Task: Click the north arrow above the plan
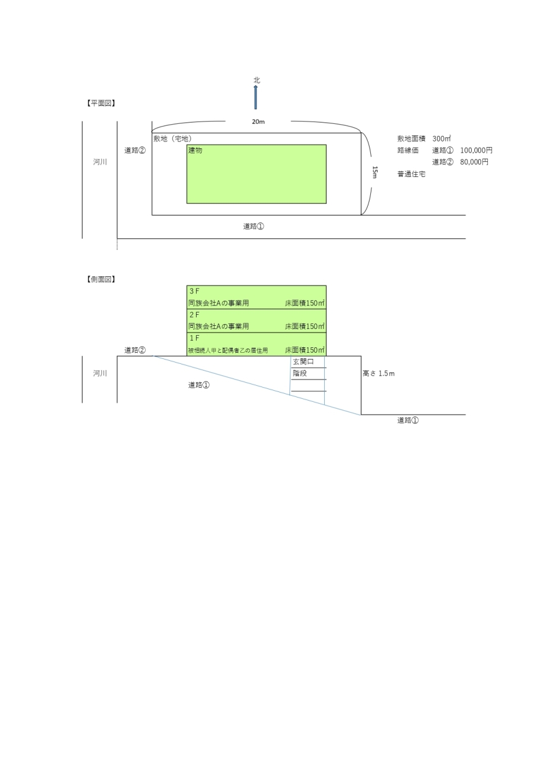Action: pyautogui.click(x=256, y=97)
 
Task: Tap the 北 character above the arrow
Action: pyautogui.click(x=257, y=80)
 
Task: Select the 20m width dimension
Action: pyautogui.click(x=259, y=121)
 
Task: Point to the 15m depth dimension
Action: pyautogui.click(x=374, y=172)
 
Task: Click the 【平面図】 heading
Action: pyautogui.click(x=101, y=103)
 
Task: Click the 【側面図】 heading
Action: pyautogui.click(x=101, y=279)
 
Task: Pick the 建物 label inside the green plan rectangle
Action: pyautogui.click(x=195, y=150)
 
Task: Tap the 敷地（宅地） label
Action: pyautogui.click(x=173, y=138)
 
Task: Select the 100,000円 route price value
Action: pyautogui.click(x=476, y=150)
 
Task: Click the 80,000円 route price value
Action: pyautogui.click(x=474, y=162)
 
